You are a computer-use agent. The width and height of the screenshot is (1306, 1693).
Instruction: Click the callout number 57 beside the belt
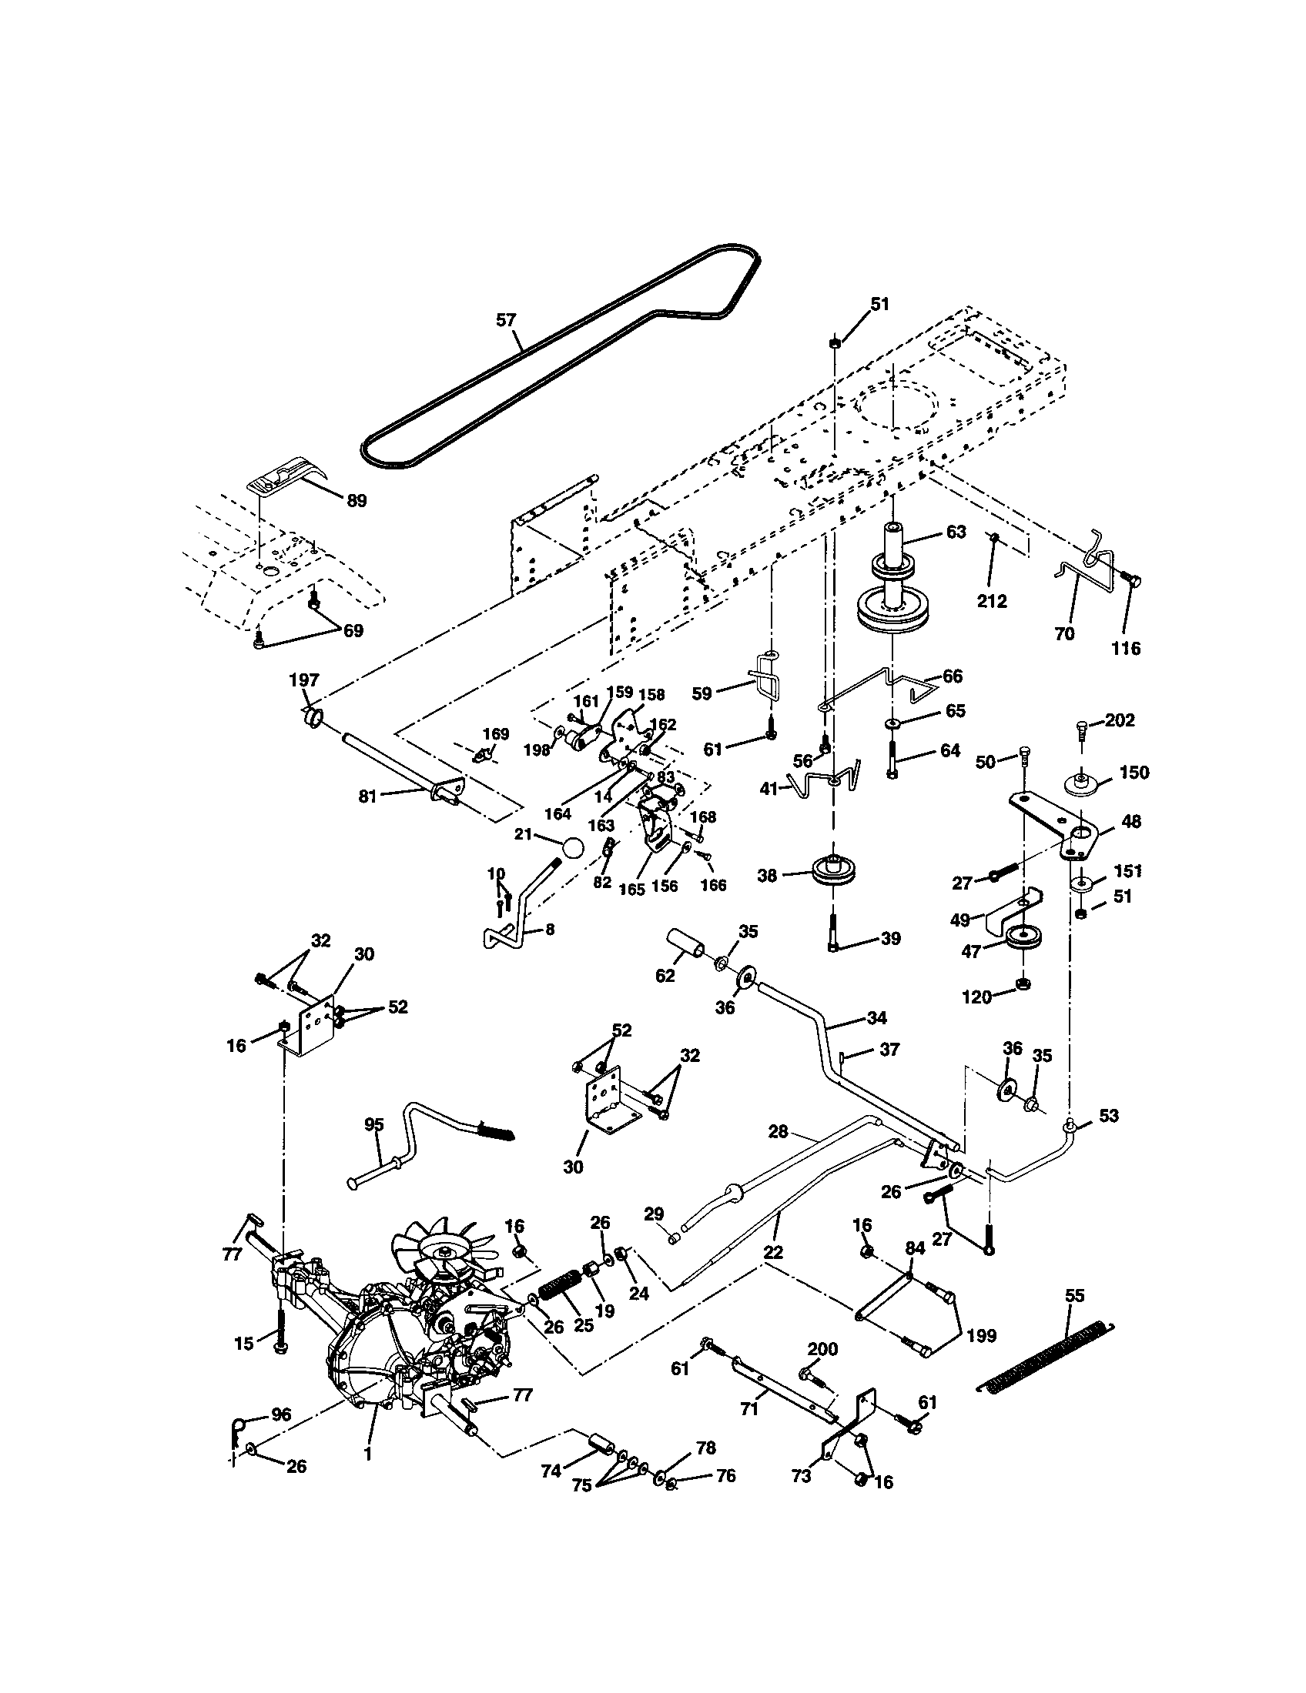506,319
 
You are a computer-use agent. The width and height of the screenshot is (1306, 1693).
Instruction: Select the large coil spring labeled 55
1043,1357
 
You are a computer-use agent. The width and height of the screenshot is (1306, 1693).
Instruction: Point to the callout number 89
356,501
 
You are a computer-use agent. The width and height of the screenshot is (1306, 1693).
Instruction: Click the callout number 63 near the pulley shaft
956,532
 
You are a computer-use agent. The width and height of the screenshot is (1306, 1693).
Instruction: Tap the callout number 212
992,601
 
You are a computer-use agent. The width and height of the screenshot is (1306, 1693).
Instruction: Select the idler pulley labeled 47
1023,940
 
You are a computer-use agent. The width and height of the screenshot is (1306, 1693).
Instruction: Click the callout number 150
1134,773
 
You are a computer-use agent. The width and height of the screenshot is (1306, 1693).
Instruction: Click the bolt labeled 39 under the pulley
832,931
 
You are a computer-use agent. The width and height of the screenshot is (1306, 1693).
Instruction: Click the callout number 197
304,680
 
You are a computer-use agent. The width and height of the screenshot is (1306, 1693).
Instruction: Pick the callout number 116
1126,648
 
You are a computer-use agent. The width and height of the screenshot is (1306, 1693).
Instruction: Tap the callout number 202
1120,720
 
